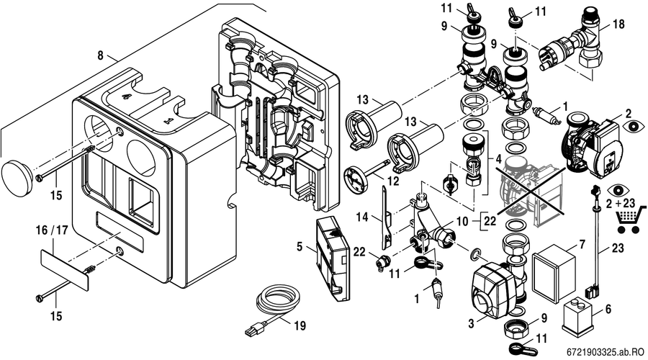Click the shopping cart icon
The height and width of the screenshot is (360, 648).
(630, 219)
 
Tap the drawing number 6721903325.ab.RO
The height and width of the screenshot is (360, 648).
(605, 352)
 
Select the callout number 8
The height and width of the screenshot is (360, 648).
(100, 55)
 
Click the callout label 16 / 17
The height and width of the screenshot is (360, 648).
(52, 230)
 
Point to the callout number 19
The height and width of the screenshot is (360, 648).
(300, 326)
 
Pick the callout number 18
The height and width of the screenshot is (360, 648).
(619, 24)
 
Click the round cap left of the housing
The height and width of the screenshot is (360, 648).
(17, 174)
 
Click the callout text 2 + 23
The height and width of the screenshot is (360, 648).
(621, 203)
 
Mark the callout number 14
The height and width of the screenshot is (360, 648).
(362, 217)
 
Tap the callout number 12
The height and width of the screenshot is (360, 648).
(394, 181)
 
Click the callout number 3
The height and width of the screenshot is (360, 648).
(471, 323)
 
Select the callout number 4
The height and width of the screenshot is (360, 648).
(498, 158)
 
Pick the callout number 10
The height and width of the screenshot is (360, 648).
(463, 222)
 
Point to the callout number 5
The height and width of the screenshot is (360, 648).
(300, 247)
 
